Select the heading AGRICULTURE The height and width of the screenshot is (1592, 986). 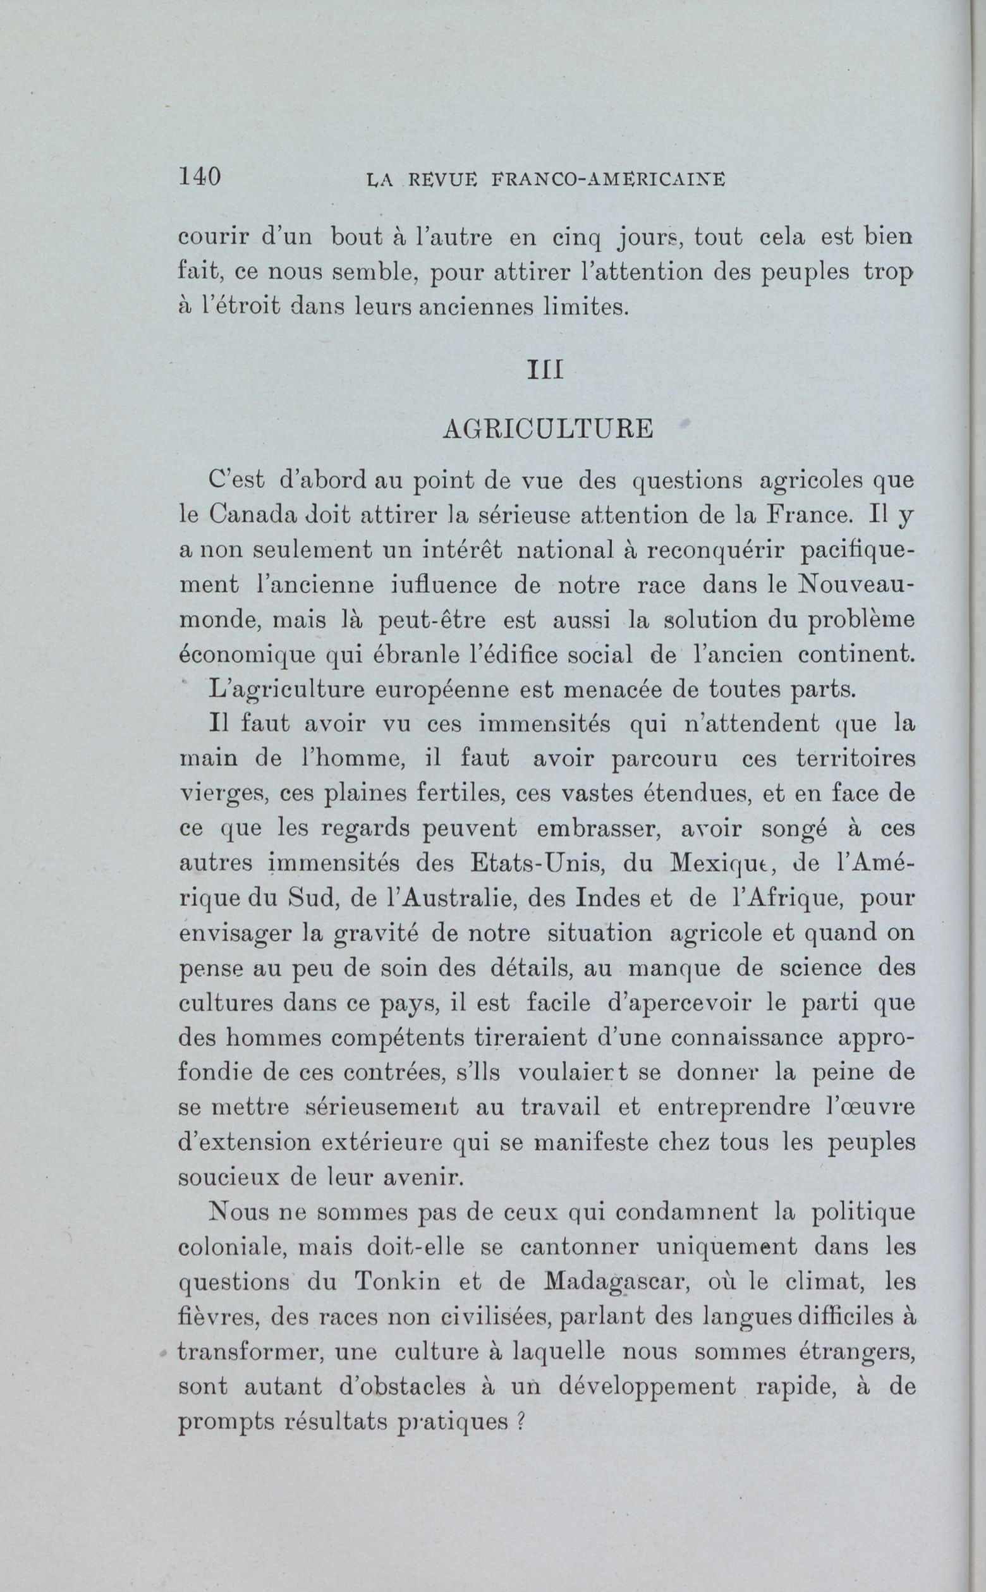click(x=547, y=428)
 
